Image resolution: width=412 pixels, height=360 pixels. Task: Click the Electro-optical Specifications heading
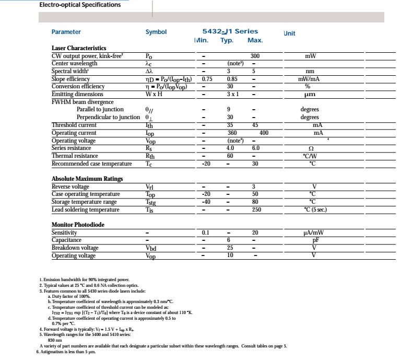click(x=80, y=5)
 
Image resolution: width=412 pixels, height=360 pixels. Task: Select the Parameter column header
click(x=66, y=32)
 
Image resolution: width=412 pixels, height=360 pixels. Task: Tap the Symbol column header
click(x=156, y=32)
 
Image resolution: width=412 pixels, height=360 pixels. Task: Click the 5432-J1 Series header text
click(x=230, y=31)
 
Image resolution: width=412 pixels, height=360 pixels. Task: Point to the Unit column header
click(x=289, y=33)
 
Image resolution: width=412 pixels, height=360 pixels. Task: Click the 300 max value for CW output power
click(x=255, y=56)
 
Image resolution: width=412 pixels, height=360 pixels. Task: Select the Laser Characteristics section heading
click(x=79, y=48)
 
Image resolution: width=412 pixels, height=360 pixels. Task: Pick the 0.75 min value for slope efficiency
click(x=207, y=79)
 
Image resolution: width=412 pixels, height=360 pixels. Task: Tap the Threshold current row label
click(x=74, y=125)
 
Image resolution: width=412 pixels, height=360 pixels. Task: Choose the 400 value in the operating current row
click(x=264, y=133)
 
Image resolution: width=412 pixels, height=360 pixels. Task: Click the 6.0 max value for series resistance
click(x=255, y=148)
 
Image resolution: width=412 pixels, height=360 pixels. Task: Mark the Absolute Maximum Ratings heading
click(x=87, y=179)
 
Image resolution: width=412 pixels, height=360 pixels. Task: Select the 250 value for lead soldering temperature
click(x=255, y=210)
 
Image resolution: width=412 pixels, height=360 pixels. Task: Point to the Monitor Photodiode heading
click(x=78, y=225)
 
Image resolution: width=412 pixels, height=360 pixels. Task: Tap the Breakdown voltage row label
click(x=75, y=248)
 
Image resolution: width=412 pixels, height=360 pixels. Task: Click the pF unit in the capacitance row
click(x=315, y=240)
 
